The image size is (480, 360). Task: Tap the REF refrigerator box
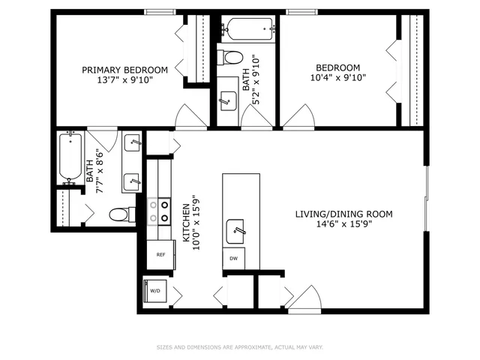point(160,255)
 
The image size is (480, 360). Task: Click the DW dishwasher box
point(233,258)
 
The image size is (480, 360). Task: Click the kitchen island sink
point(235,228)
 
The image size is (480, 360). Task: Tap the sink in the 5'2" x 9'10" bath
point(226,100)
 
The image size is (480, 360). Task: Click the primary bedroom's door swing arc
point(191,116)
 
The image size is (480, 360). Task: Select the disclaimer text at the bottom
point(240,347)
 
